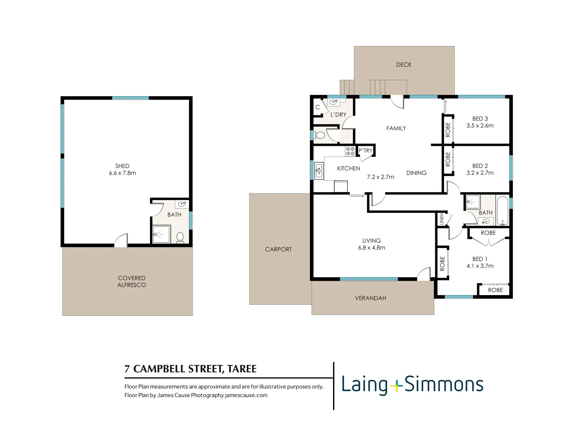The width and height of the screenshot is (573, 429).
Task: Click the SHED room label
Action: (122, 166)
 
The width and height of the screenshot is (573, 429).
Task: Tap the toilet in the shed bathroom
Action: (180, 237)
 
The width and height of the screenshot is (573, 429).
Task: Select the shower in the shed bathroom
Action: (161, 234)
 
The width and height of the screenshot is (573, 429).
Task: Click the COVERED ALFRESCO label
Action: (132, 281)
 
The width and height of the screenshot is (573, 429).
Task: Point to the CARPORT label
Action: (278, 249)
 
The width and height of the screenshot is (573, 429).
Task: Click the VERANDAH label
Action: (370, 298)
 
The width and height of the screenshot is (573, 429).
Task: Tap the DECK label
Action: (404, 64)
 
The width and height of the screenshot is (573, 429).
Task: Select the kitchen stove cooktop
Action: (350, 151)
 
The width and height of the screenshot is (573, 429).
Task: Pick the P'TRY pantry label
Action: (366, 151)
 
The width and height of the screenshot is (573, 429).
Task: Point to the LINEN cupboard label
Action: (442, 219)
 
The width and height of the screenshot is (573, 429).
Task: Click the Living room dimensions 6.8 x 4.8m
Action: (371, 247)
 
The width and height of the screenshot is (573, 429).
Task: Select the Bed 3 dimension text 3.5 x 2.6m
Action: (480, 126)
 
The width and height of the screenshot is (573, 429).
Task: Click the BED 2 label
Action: (480, 166)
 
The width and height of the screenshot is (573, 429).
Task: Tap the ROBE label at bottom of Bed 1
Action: (495, 290)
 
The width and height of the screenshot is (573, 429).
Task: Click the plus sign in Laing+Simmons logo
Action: (396, 386)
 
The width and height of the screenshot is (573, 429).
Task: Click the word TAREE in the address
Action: (242, 369)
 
